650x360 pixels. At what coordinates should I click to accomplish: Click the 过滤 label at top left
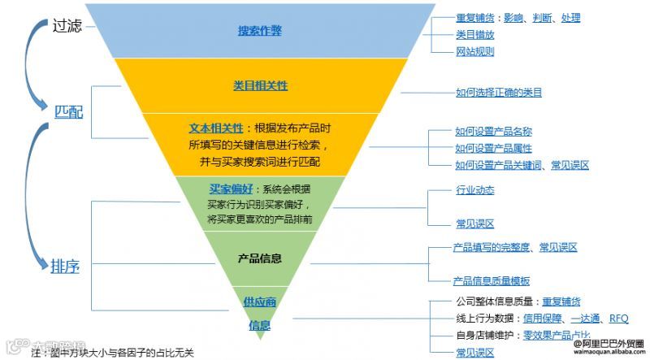pyautogui.click(x=67, y=25)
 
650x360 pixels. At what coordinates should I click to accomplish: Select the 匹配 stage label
pyautogui.click(x=68, y=111)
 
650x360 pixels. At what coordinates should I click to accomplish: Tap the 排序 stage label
pyautogui.click(x=65, y=266)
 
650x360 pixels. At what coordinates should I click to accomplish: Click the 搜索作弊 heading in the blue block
pyautogui.click(x=260, y=32)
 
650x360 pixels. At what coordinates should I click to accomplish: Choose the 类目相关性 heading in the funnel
pyautogui.click(x=260, y=85)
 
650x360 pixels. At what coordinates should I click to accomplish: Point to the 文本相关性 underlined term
pyautogui.click(x=215, y=128)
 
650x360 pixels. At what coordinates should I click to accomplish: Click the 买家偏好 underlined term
pyautogui.click(x=227, y=189)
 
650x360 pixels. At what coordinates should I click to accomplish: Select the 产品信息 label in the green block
pyautogui.click(x=260, y=258)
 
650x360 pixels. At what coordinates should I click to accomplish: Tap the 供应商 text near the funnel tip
pyautogui.click(x=260, y=302)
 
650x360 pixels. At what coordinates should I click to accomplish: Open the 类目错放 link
pyautogui.click(x=474, y=35)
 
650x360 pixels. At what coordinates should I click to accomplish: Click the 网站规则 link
pyautogui.click(x=474, y=51)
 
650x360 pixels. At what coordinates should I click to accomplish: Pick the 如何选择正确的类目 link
pyautogui.click(x=498, y=93)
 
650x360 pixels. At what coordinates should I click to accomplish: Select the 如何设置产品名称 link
pyautogui.click(x=493, y=132)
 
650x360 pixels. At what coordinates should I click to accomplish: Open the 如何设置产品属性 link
pyautogui.click(x=493, y=148)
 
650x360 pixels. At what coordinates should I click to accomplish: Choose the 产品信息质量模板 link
pyautogui.click(x=492, y=280)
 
